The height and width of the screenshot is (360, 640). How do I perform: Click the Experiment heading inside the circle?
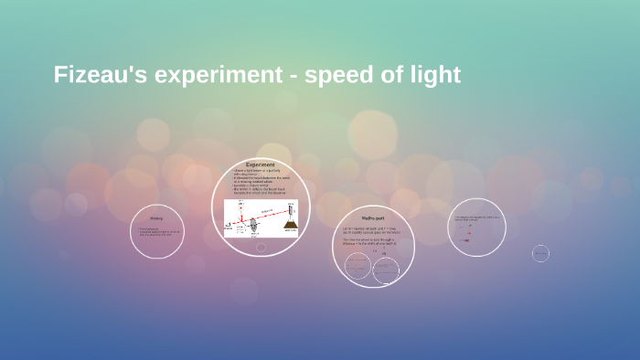click(261, 165)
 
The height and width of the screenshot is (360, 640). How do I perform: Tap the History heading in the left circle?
click(156, 218)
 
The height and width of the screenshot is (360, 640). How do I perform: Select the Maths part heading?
click(373, 219)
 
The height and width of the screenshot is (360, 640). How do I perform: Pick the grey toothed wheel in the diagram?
click(253, 225)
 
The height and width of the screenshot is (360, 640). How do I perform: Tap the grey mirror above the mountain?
click(290, 209)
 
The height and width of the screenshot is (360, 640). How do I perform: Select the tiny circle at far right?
click(540, 253)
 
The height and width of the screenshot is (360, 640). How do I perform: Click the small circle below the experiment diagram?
click(261, 247)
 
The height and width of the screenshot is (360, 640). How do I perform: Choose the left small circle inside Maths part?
click(358, 266)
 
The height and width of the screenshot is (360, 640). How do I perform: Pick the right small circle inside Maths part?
click(386, 270)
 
